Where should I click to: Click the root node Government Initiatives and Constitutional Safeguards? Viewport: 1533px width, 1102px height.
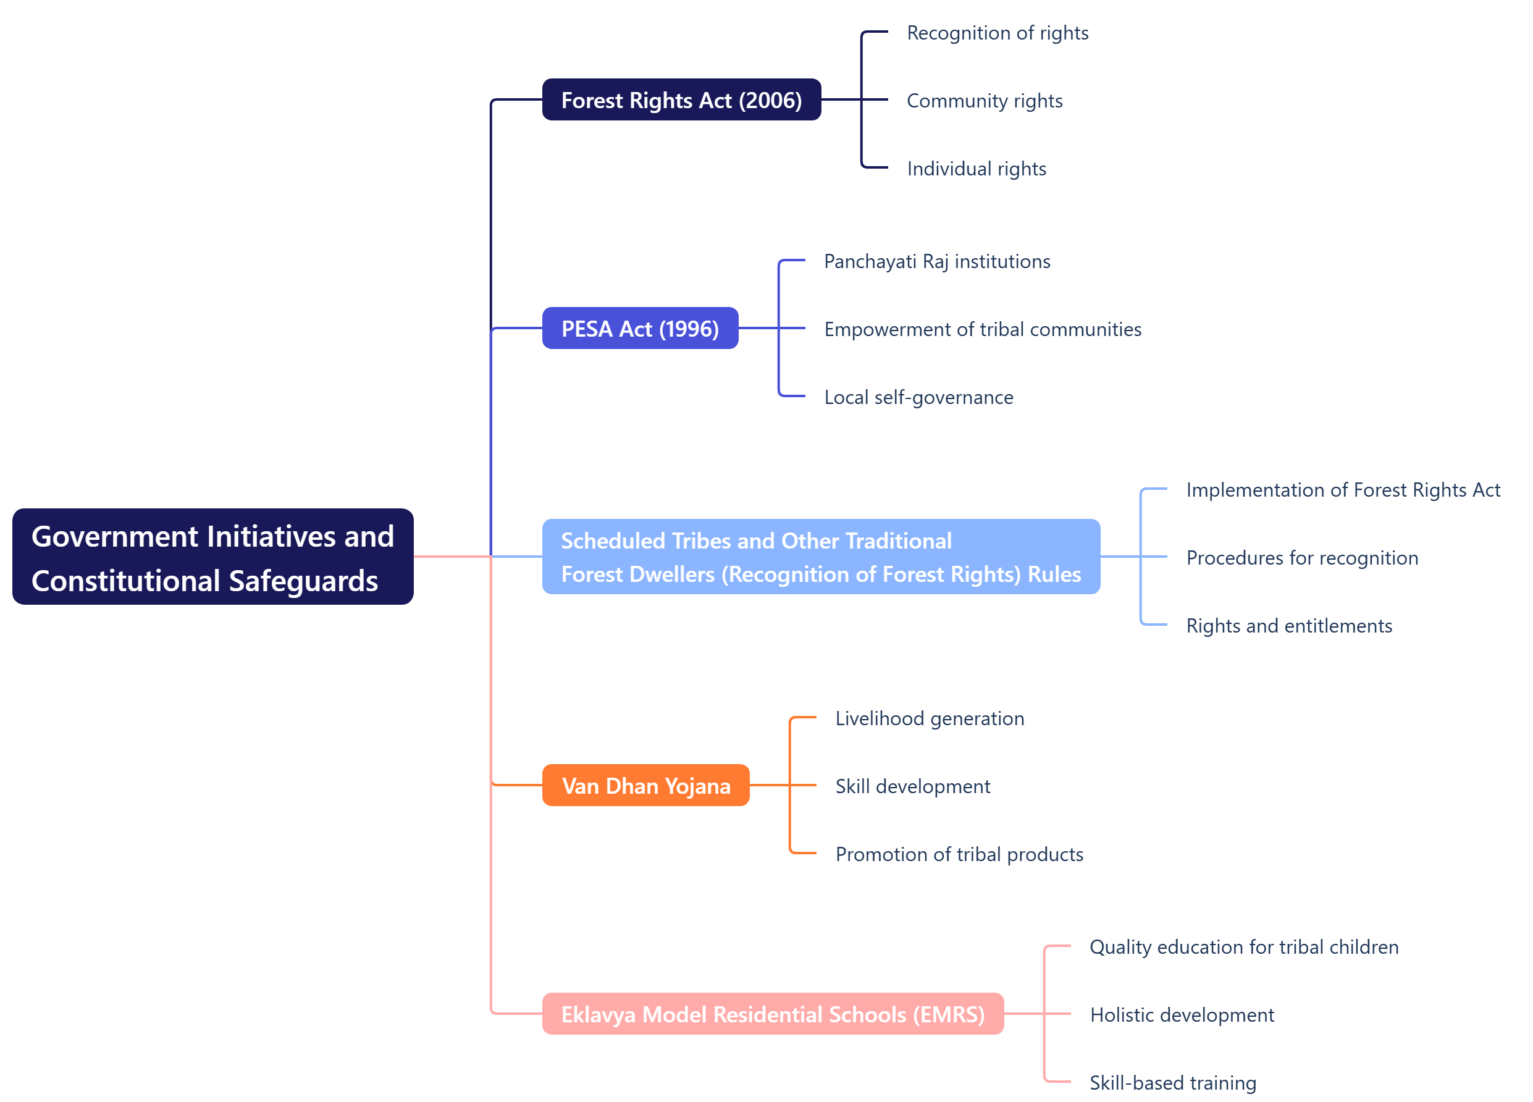click(x=212, y=557)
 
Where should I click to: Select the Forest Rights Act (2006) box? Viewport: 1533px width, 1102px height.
click(x=681, y=100)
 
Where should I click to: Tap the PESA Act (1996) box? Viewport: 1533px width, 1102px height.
click(x=639, y=329)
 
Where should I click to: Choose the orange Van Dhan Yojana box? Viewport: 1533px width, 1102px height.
click(x=645, y=786)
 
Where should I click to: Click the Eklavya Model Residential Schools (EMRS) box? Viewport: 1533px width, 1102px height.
click(x=772, y=1014)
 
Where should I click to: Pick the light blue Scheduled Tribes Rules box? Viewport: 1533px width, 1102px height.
click(x=821, y=557)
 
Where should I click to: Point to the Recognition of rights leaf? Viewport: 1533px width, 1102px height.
click(x=997, y=33)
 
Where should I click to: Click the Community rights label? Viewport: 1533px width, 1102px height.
click(x=984, y=101)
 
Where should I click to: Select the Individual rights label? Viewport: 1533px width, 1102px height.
click(x=976, y=169)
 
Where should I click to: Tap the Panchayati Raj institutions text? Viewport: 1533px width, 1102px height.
click(x=937, y=262)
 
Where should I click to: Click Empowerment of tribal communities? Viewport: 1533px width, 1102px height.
click(x=982, y=329)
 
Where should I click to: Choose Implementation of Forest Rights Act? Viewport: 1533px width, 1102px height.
click(x=1342, y=489)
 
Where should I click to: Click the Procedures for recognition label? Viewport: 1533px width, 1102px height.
click(x=1302, y=558)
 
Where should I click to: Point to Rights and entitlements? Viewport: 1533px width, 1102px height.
click(x=1288, y=625)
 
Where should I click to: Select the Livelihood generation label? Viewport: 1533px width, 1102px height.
click(x=930, y=718)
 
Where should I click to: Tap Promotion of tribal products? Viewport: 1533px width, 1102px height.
click(x=959, y=854)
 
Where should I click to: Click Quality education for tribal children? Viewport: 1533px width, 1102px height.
click(x=1244, y=946)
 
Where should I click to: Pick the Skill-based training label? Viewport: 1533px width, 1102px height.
click(x=1173, y=1082)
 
